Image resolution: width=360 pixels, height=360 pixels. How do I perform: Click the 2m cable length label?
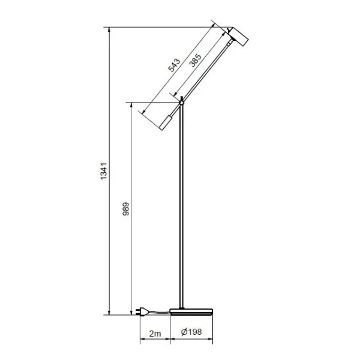154,332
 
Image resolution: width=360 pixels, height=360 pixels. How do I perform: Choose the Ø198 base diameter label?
191,332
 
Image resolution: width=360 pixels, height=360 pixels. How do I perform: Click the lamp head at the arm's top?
241,38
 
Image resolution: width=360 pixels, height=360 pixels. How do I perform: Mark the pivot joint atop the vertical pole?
181,103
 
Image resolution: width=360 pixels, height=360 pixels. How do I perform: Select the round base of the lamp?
192,311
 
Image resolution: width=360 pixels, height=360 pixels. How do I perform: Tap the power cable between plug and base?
159,311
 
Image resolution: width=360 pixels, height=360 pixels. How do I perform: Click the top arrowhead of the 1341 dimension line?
109,29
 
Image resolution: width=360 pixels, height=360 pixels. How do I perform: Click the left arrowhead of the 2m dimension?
142,340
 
